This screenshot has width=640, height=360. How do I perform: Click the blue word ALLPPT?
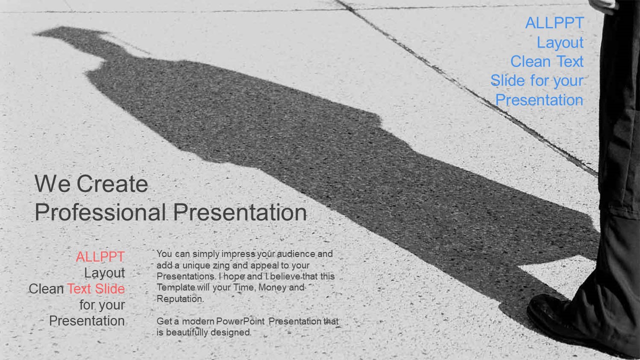click(554, 23)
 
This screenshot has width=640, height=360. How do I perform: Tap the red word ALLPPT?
click(100, 256)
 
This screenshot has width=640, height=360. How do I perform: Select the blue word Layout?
click(560, 43)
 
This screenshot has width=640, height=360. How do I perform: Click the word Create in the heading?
click(112, 183)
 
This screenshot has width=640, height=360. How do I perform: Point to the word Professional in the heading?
click(100, 212)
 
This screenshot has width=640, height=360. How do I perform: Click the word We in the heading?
click(52, 183)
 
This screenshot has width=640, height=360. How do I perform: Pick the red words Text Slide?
click(96, 288)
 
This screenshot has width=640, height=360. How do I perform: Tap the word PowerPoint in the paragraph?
click(240, 321)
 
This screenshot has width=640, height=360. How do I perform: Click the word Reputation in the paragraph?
click(180, 299)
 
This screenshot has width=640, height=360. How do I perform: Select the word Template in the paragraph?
click(175, 287)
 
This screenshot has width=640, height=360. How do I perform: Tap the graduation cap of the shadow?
click(71, 33)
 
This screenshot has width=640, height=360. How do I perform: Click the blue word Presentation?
click(539, 100)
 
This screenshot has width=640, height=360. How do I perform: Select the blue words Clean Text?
click(547, 61)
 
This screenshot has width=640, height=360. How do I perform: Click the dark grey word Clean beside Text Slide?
click(46, 288)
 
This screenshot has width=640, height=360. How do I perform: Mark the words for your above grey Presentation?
click(102, 305)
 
